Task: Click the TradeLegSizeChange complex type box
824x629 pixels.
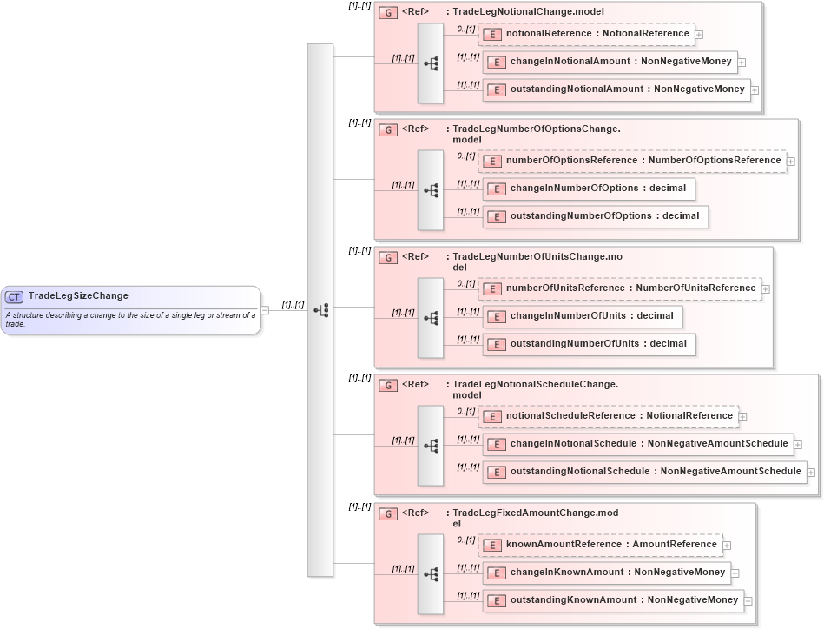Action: tap(131, 310)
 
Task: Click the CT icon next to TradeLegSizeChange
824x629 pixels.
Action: tap(15, 296)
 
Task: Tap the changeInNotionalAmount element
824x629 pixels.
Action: tap(610, 62)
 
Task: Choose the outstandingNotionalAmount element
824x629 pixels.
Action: tap(616, 89)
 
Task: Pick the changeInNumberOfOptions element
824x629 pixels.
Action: tap(589, 189)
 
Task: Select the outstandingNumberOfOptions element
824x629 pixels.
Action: tap(596, 216)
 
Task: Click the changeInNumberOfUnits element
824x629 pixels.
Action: tap(583, 316)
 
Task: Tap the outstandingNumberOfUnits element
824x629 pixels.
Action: tap(590, 344)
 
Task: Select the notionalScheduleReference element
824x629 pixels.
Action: tap(608, 416)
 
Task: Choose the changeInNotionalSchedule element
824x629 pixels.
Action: tap(637, 444)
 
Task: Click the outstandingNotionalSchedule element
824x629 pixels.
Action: tap(644, 472)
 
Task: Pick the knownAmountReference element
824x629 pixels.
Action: tap(600, 545)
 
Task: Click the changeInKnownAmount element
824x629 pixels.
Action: tap(606, 573)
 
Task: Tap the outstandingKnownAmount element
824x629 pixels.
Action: tap(613, 600)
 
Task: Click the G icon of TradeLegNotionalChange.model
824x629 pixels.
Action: tap(389, 12)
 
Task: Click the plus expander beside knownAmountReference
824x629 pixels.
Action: tap(727, 546)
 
